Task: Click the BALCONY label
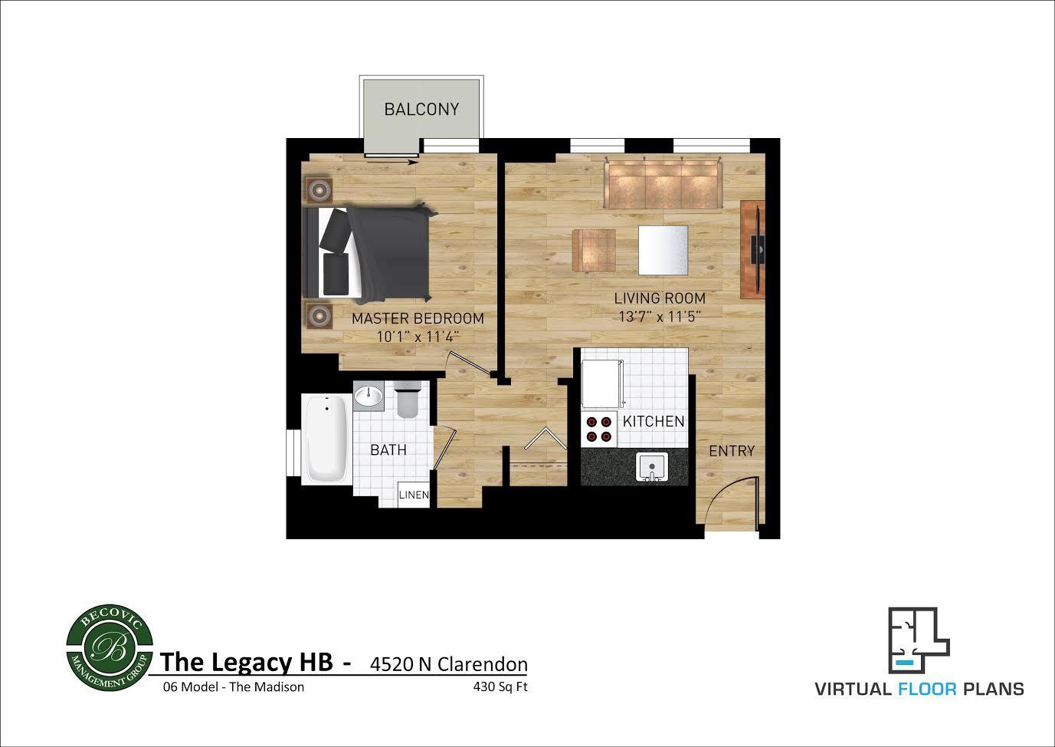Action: point(421,110)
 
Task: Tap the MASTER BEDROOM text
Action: point(418,319)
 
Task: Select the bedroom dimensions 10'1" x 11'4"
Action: point(418,337)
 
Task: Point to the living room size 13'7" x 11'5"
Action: point(660,316)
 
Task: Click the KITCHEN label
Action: point(654,421)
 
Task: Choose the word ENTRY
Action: point(732,451)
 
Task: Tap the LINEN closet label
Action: point(414,495)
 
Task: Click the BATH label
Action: point(388,450)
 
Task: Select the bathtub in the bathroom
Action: point(326,439)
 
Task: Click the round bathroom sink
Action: point(369,397)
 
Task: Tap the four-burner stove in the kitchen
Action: point(599,429)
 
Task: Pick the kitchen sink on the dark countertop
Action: point(651,467)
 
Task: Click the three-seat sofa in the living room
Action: point(663,183)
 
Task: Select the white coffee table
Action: point(663,250)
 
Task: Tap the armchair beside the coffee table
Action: point(594,251)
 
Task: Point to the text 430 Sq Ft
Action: point(500,686)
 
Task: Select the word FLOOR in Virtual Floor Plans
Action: point(927,689)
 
